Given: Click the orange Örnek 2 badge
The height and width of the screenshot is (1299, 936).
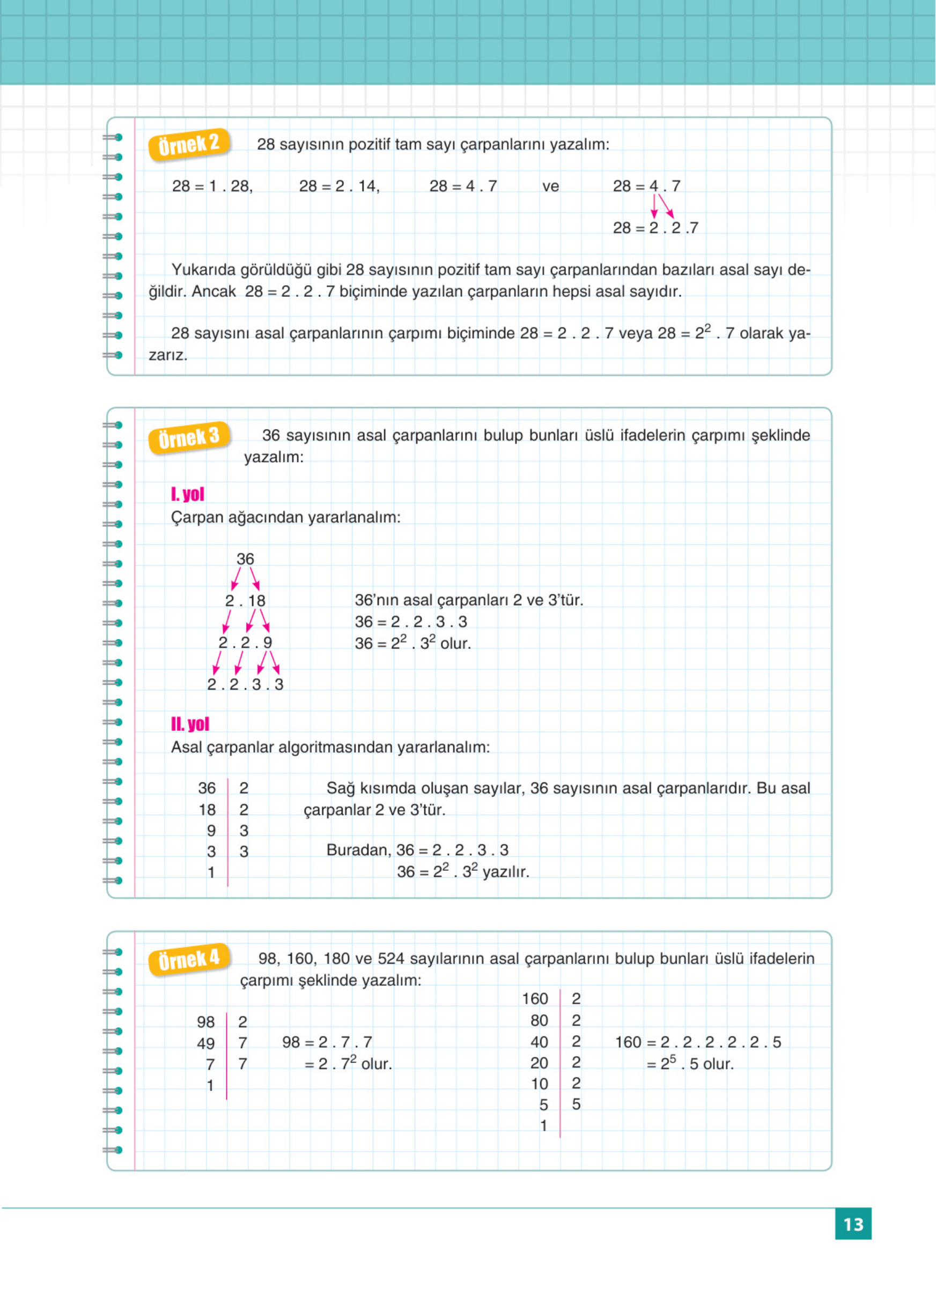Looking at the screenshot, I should pos(189,144).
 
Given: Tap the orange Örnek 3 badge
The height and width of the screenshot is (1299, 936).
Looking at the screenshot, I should pos(189,438).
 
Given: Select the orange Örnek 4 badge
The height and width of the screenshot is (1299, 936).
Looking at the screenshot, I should pos(189,959).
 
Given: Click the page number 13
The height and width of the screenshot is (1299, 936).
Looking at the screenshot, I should pos(853,1224).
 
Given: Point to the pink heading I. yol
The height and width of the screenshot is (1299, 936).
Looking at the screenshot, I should pos(187,494).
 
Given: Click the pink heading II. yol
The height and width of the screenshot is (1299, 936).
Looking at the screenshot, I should pos(190,725).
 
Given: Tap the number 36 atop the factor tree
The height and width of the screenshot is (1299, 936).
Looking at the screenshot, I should pos(245,559).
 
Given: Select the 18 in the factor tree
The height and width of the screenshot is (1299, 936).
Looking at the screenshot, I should pos(257,601).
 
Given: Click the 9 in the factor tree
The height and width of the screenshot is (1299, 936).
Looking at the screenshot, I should pos(267,643).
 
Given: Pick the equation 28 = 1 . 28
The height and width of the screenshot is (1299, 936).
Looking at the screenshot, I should pos(212,186).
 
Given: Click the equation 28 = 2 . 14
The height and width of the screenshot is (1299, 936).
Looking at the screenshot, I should pos(340,186).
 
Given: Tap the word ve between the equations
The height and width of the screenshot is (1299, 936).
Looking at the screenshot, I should pos(550,186).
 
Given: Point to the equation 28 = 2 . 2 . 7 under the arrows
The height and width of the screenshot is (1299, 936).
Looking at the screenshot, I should pos(655,228).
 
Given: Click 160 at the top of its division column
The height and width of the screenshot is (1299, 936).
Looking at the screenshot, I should pos(535,999).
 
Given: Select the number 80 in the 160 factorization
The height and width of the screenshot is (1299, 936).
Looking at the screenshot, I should pos(539,1021).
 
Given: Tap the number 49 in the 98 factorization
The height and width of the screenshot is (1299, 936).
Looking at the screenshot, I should pos(206,1043).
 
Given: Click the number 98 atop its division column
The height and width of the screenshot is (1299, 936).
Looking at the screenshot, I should pos(206,1022).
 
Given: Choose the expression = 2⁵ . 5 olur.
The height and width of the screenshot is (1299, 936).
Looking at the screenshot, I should pos(690,1064).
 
